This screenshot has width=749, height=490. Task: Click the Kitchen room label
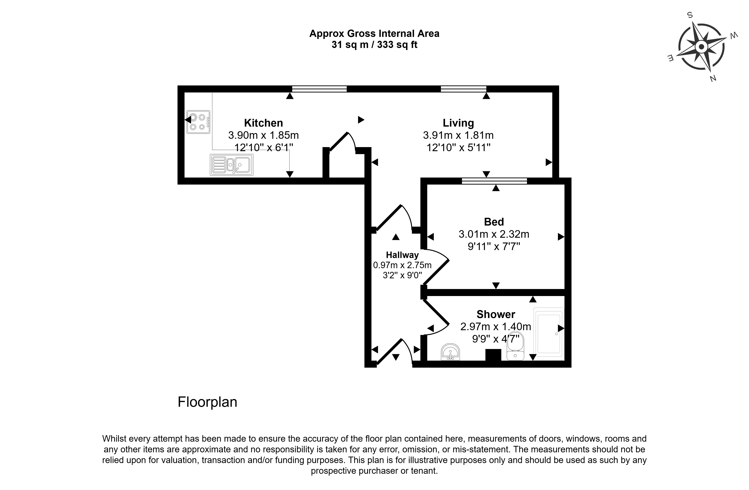[x=263, y=123]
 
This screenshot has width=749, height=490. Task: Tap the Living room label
[x=458, y=123]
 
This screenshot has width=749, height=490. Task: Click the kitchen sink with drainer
[x=232, y=164]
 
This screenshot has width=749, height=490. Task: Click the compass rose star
[x=701, y=47]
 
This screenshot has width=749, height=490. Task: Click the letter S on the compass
[x=690, y=15]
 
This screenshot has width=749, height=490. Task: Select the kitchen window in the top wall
[x=319, y=89]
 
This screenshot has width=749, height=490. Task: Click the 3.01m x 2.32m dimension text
[x=494, y=234]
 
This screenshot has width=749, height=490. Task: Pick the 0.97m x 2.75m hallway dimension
[x=402, y=265]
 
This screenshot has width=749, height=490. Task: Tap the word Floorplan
[x=207, y=402]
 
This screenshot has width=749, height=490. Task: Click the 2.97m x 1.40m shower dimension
[x=496, y=327]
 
